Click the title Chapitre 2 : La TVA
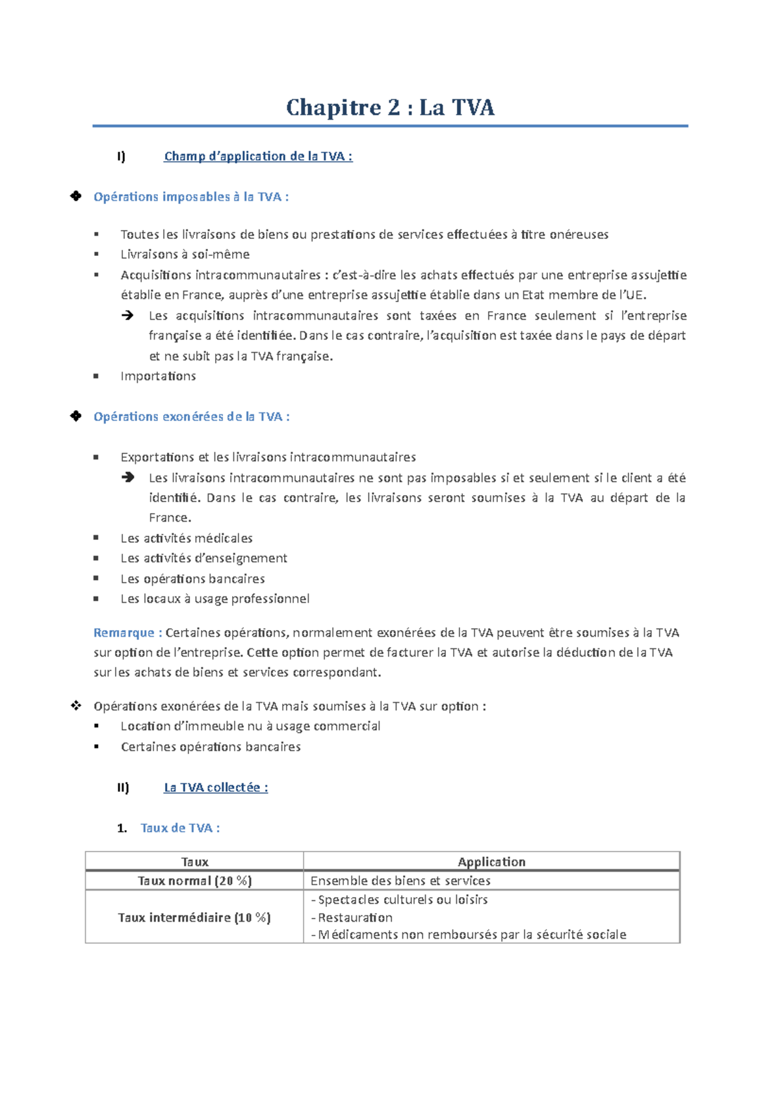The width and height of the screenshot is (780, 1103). (x=390, y=107)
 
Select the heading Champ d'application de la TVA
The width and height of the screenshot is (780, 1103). (x=258, y=157)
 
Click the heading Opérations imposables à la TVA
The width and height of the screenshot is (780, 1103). (x=191, y=197)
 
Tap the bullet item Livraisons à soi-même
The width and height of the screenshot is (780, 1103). (x=185, y=255)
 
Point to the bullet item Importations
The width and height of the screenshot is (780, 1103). (x=158, y=376)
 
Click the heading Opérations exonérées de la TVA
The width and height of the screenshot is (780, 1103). (x=191, y=417)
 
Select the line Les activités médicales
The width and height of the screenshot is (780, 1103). (x=186, y=539)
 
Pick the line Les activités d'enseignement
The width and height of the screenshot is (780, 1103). (x=203, y=559)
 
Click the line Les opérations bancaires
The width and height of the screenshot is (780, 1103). (x=192, y=579)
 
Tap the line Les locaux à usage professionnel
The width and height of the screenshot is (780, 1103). (x=214, y=599)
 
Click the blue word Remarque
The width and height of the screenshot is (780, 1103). (x=123, y=633)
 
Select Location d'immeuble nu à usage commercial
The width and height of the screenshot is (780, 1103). (x=250, y=726)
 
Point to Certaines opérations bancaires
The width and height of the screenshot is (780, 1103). (x=211, y=747)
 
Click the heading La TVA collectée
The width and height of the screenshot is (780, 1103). (x=215, y=788)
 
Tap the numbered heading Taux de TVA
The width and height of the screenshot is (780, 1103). (x=179, y=828)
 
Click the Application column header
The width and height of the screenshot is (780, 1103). (x=491, y=862)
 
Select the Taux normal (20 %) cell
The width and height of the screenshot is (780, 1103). (x=194, y=881)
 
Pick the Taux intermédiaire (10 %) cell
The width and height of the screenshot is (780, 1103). (x=194, y=918)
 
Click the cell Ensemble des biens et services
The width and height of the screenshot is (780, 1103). (x=400, y=881)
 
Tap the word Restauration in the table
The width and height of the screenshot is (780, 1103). (x=355, y=918)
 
